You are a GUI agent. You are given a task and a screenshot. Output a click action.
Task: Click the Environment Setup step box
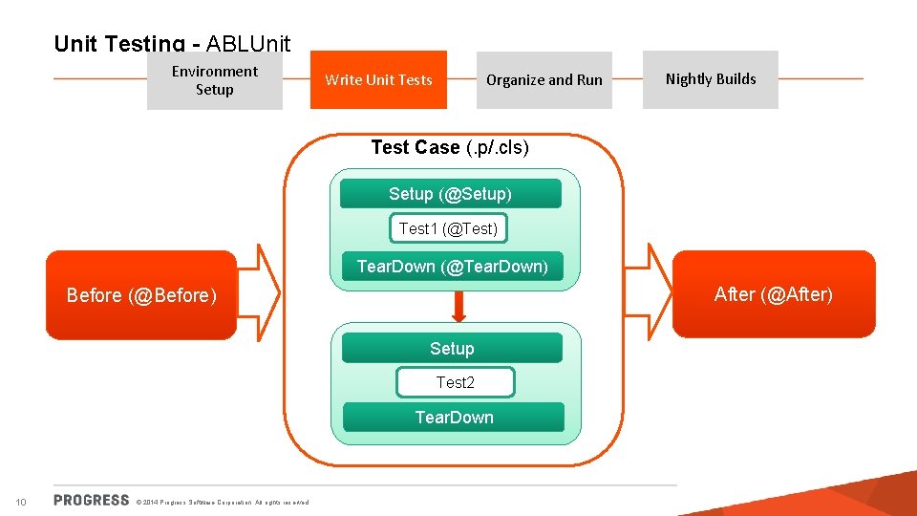tap(215, 80)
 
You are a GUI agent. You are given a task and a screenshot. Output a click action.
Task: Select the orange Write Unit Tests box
tap(378, 80)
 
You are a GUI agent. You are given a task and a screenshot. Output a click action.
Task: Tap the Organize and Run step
tap(544, 80)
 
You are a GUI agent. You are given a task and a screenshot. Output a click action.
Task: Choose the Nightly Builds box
tap(710, 79)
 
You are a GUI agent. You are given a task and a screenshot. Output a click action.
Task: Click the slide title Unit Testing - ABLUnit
tap(172, 43)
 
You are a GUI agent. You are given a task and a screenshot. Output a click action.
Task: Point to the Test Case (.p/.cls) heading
tap(450, 147)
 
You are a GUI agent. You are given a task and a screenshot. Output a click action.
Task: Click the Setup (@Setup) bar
tap(450, 194)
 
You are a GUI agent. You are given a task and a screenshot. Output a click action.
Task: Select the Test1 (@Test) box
tap(448, 228)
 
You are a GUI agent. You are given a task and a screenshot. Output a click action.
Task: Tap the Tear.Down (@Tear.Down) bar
tap(452, 267)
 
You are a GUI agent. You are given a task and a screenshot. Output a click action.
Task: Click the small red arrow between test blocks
tap(458, 306)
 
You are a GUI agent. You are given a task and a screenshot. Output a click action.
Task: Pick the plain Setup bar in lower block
tap(452, 349)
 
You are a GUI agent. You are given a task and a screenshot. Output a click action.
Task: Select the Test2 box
tap(455, 382)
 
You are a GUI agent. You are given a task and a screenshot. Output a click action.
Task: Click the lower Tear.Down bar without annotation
tap(454, 418)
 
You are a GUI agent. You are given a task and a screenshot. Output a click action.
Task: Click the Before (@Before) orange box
tap(141, 295)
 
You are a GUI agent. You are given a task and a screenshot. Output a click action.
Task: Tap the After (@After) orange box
tap(774, 294)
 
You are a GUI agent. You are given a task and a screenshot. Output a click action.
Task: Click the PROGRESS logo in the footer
tap(92, 500)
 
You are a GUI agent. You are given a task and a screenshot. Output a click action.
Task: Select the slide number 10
tap(21, 503)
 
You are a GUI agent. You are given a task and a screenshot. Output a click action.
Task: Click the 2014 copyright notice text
tap(223, 503)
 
